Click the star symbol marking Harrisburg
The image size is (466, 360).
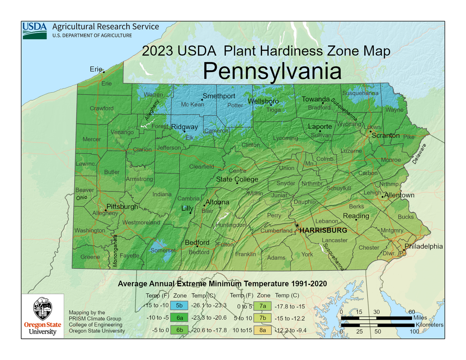[x=297, y=226]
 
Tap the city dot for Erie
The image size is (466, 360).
[x=104, y=72]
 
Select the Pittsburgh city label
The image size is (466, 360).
[x=122, y=207]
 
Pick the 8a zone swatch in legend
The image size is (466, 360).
[x=263, y=330]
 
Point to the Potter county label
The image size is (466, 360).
[x=235, y=105]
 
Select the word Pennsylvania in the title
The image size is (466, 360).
[x=272, y=71]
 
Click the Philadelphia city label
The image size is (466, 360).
[x=424, y=246]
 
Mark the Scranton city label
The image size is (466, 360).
[x=385, y=136]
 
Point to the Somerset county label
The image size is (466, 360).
[x=163, y=250]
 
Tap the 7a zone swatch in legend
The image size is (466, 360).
[x=263, y=306]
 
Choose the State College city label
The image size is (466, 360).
[x=237, y=179]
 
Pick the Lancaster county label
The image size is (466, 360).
[x=334, y=240]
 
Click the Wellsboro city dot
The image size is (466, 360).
[x=271, y=104]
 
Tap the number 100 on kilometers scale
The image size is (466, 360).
[x=414, y=332]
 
